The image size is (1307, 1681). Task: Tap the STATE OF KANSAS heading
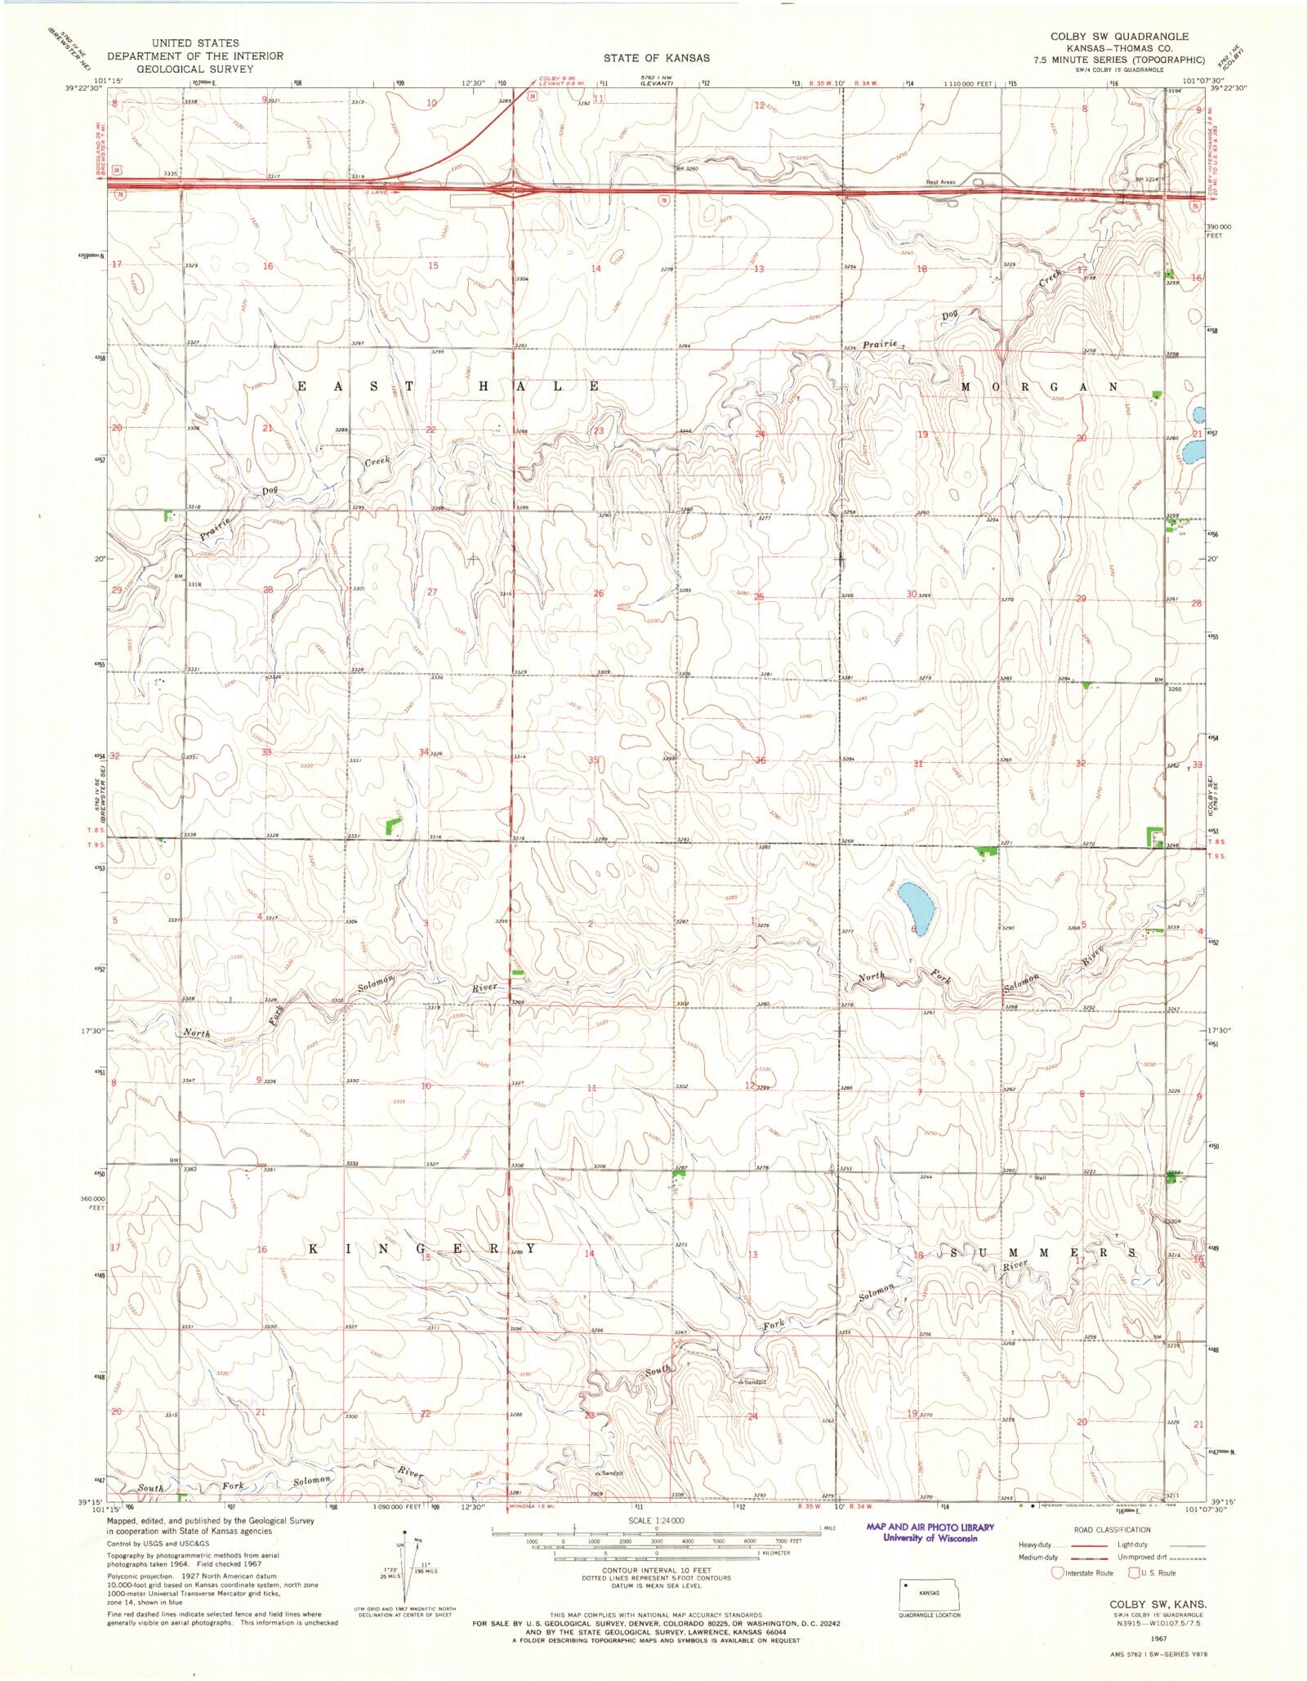pos(657,58)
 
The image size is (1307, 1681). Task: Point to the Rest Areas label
pos(940,182)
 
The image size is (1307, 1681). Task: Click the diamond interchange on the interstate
pos(512,190)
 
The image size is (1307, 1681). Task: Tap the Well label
pos(1040,1178)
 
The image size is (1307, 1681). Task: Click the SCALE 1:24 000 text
pos(657,1521)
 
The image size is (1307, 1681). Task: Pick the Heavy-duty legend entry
pos(1033,1545)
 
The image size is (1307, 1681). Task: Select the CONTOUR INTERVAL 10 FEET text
pos(657,1570)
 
